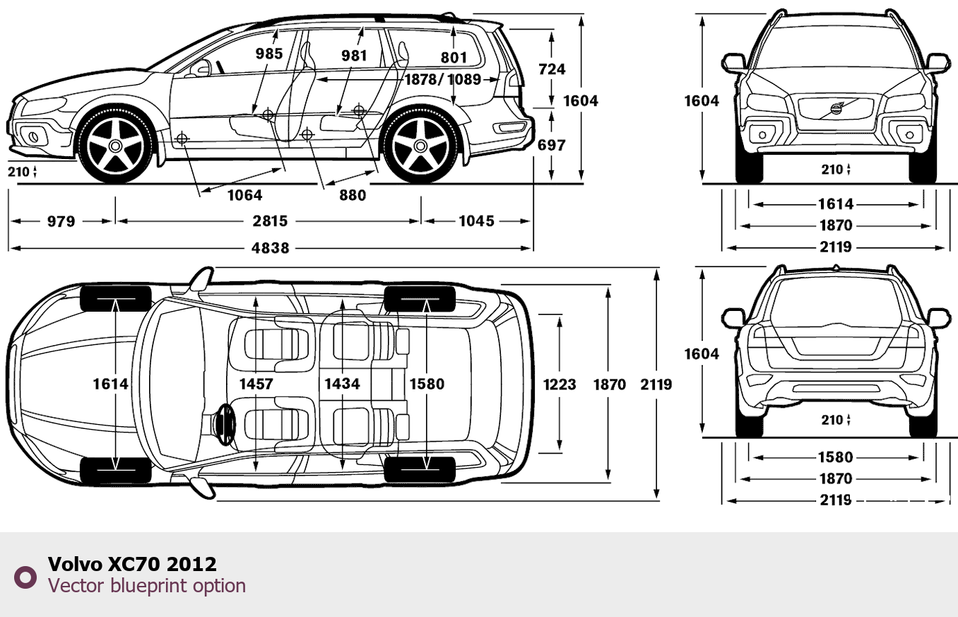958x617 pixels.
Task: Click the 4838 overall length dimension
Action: tap(271, 248)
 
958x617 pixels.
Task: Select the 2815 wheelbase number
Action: tap(271, 221)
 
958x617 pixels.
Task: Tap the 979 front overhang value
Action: tap(61, 221)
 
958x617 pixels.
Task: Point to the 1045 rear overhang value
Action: tap(476, 221)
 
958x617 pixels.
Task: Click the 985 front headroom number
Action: tap(269, 54)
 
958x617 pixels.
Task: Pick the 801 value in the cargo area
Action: tap(454, 57)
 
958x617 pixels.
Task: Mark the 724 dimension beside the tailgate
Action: tap(552, 69)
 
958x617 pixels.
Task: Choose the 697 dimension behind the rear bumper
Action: tap(552, 145)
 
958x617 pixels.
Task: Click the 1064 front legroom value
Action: tap(244, 195)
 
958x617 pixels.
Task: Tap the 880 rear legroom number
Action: tap(353, 195)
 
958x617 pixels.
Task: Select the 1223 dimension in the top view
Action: tap(560, 384)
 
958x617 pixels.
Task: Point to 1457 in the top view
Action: tap(256, 383)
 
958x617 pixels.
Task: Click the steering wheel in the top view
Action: tap(225, 425)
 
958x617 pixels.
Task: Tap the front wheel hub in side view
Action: tap(115, 146)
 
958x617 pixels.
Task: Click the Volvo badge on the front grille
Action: tap(836, 109)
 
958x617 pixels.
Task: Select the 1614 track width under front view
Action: tap(836, 204)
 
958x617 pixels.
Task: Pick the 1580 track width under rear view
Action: tap(836, 457)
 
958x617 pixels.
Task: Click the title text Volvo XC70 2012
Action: tap(132, 564)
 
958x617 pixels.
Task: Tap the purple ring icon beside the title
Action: tap(25, 577)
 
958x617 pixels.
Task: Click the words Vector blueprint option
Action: tap(147, 586)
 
